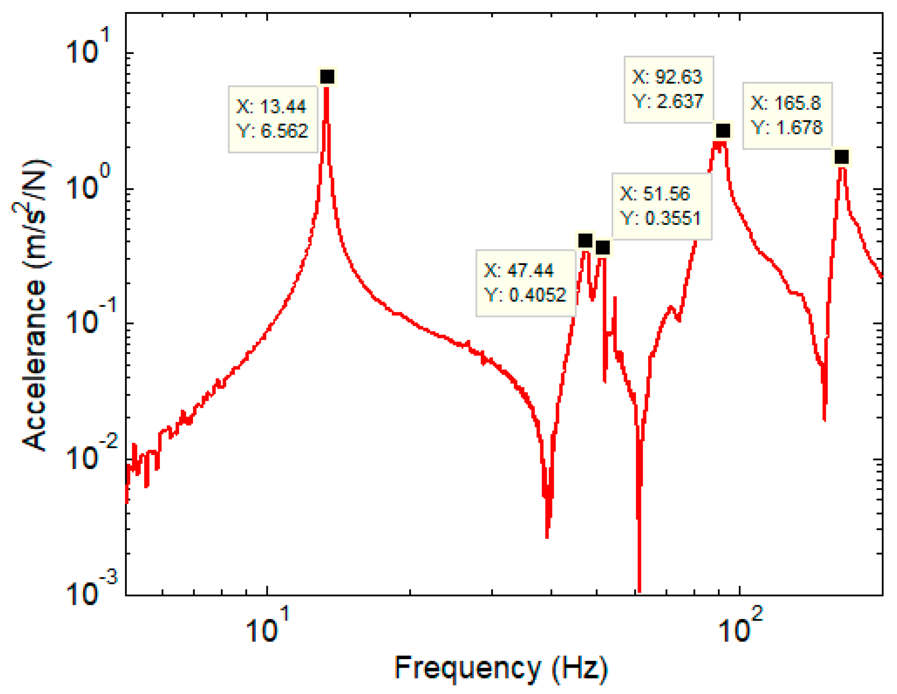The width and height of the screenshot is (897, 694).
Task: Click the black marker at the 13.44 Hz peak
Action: [x=327, y=77]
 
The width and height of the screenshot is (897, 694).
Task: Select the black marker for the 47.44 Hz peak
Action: [x=585, y=241]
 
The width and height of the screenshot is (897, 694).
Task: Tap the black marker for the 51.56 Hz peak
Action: [x=603, y=248]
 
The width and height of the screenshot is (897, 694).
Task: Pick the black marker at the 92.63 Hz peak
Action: [x=723, y=131]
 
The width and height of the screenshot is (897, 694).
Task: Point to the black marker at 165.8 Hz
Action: [x=841, y=157]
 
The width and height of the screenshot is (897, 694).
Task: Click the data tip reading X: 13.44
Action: [x=272, y=119]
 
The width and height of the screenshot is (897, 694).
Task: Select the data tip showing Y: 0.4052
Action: [x=525, y=283]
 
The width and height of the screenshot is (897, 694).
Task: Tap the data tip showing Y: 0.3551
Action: [x=661, y=206]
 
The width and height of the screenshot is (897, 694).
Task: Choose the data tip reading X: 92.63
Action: [x=668, y=89]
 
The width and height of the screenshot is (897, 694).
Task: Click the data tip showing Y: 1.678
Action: [x=787, y=116]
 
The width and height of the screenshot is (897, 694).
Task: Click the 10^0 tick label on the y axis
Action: [x=88, y=184]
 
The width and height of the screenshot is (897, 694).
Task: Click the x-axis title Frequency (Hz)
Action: [x=501, y=668]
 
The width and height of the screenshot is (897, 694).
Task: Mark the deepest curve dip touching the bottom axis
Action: [x=639, y=588]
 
